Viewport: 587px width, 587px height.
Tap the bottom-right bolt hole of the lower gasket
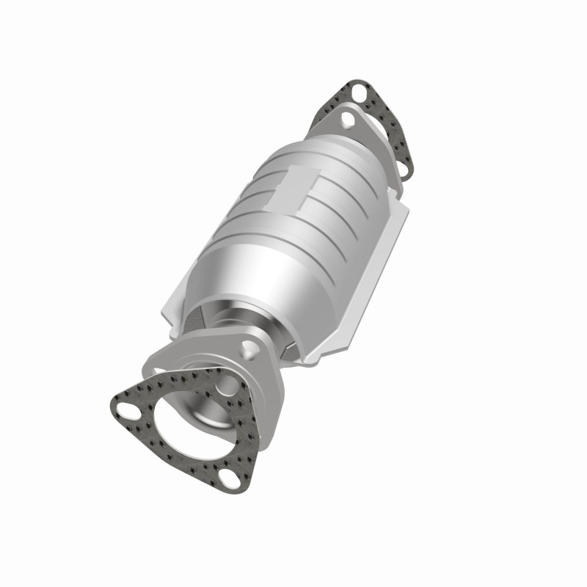tap(230, 481)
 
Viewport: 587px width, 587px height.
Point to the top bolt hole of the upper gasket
tap(357, 93)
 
